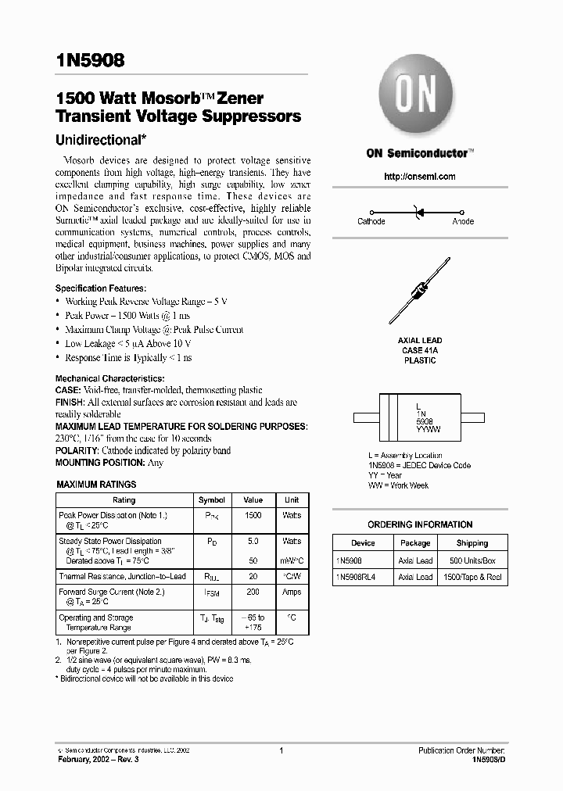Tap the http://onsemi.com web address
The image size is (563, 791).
tap(420, 177)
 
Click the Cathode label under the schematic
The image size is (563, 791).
tap(371, 222)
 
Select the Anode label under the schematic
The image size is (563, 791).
tap(463, 222)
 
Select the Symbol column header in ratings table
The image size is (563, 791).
tap(212, 500)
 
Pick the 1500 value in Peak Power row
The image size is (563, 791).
tap(253, 516)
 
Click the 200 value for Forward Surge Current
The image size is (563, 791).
tap(253, 592)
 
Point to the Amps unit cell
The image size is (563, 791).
tap(292, 592)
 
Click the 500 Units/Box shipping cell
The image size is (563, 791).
tap(472, 560)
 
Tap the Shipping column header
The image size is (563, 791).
tap(472, 543)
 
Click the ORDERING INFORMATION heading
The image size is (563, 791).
tap(420, 524)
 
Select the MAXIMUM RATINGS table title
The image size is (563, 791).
tap(96, 485)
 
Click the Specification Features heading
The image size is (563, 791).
tap(100, 288)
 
